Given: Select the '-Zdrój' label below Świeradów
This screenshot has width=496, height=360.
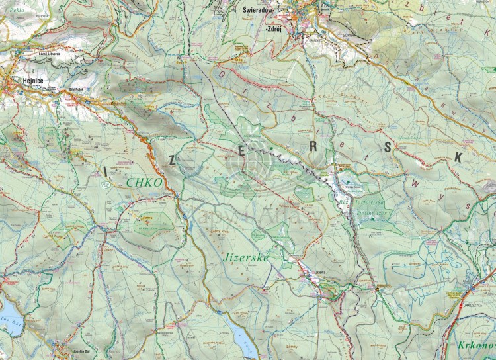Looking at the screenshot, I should [x=273, y=30].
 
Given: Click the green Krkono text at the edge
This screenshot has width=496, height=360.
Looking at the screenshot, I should [x=476, y=345].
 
